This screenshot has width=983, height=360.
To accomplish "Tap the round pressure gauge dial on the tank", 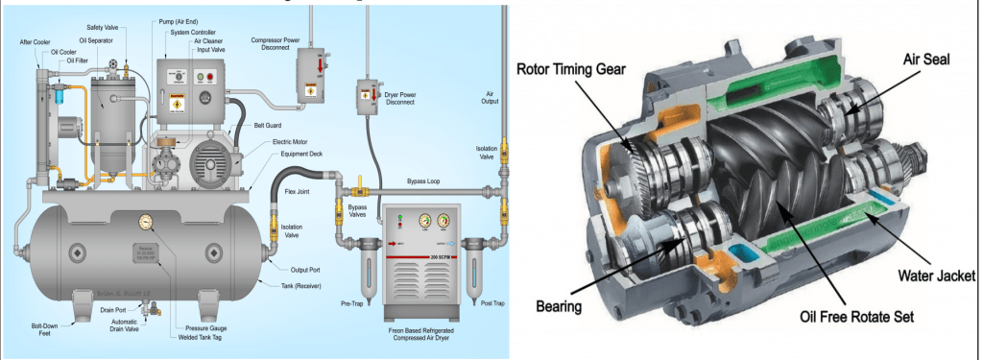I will (145, 223).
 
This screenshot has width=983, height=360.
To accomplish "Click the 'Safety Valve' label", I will (103, 28).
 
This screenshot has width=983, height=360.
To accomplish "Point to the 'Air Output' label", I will (491, 100).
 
